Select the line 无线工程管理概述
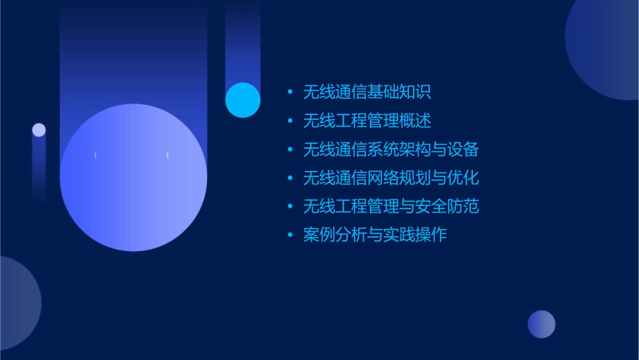pyautogui.click(x=367, y=120)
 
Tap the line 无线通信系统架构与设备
pyautogui.click(x=390, y=149)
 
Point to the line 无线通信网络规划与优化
pyautogui.click(x=390, y=178)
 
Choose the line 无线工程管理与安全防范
pyautogui.click(x=390, y=206)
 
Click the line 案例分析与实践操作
pyautogui.click(x=375, y=235)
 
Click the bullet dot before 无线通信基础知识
pyautogui.click(x=290, y=92)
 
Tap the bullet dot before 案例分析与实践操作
pyautogui.click(x=290, y=236)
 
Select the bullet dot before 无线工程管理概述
pyautogui.click(x=290, y=121)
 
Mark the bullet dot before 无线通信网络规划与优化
pyautogui.click(x=290, y=178)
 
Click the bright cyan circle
pyautogui.click(x=243, y=100)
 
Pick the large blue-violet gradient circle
pyautogui.click(x=133, y=178)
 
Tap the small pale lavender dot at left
pyautogui.click(x=39, y=130)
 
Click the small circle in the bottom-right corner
pyautogui.click(x=541, y=324)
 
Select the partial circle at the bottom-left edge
pyautogui.click(x=17, y=303)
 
